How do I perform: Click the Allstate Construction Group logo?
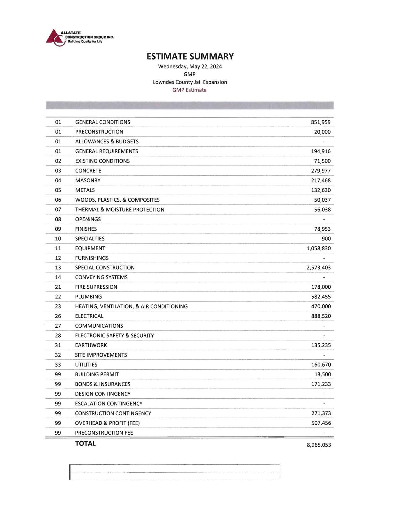point(79,37)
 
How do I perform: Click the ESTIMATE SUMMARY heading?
point(190,56)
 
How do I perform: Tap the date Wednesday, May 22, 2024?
point(190,67)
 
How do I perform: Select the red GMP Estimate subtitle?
point(189,90)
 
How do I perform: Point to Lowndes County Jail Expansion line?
point(190,82)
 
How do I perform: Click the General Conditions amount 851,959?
point(321,122)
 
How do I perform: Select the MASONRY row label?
point(88,180)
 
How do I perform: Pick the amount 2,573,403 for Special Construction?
point(318,268)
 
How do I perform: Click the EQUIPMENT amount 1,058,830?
point(318,248)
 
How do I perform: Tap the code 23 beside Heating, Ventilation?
point(58,306)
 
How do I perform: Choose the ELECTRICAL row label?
point(89,316)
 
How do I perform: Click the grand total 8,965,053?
point(319,445)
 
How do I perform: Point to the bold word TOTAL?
point(85,444)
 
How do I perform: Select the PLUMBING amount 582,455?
point(321,297)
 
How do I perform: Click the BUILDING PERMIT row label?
point(97,374)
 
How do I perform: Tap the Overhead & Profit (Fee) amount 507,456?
point(321,423)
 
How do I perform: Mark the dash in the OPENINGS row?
point(324,220)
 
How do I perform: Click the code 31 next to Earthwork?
point(58,345)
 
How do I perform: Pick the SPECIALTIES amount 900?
point(326,239)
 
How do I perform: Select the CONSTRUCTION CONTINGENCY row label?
point(113,413)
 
